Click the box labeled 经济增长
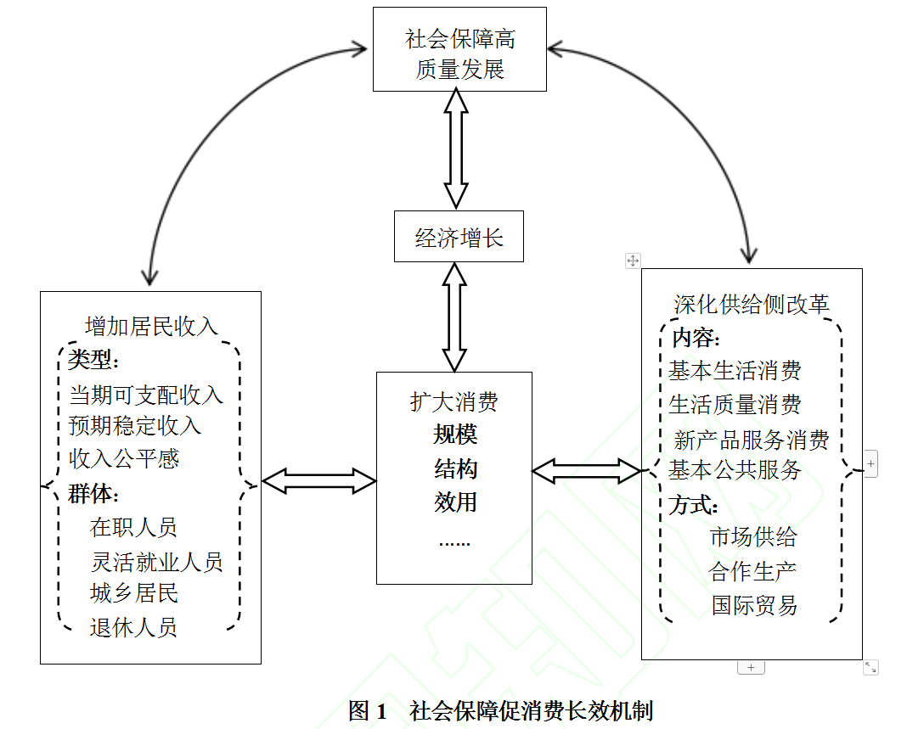pos(459,237)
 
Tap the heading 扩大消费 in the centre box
pos(454,401)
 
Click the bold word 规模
pos(455,435)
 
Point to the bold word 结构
pos(455,468)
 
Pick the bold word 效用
pos(455,502)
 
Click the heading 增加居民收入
pos(151,327)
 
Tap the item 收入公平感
pos(124,458)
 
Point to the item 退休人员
pos(133,627)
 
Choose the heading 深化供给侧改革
pos(752,305)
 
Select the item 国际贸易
pos(755,605)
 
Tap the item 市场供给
pos(753,536)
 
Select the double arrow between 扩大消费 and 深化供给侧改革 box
pos(587,471)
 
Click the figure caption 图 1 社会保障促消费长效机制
pos(501,711)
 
